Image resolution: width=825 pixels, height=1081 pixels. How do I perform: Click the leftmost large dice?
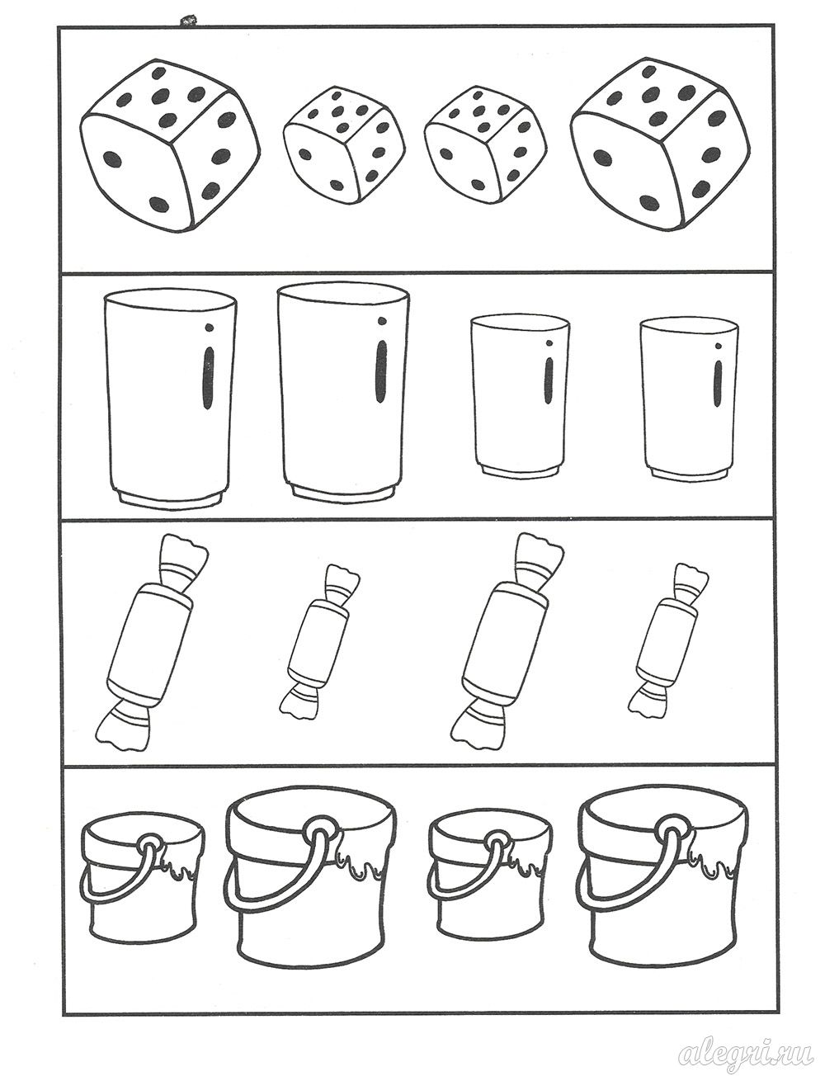click(x=170, y=144)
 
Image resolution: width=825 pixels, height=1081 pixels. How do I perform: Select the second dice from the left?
click(x=343, y=146)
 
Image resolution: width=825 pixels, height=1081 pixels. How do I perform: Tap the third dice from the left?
click(x=485, y=144)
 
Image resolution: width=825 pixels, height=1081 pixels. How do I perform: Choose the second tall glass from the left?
click(x=343, y=393)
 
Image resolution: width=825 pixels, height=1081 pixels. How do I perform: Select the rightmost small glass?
click(x=689, y=398)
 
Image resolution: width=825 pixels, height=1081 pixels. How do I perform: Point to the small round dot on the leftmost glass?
click(x=210, y=327)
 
